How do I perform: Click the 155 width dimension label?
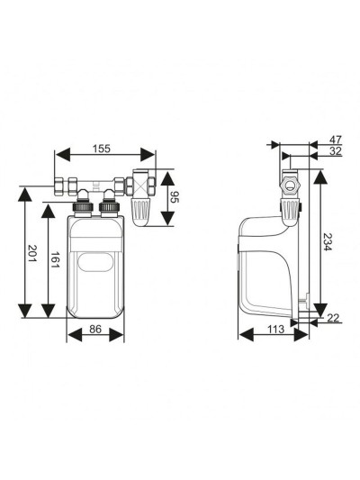101,149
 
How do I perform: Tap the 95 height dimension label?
175,197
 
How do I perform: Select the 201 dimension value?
31,253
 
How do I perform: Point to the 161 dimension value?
55,259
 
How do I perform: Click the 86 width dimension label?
95,329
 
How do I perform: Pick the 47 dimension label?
335,140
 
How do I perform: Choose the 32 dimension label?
335,151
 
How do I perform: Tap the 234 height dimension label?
328,242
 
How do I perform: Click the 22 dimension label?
333,318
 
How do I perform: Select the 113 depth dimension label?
276,329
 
